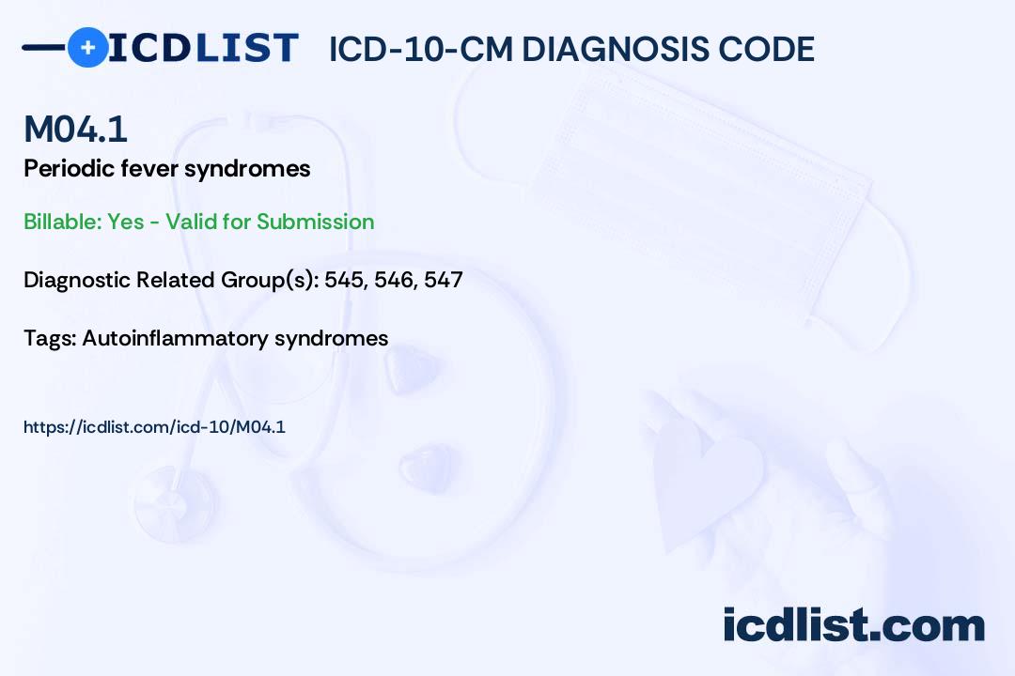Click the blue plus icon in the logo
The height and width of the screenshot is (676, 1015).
tap(88, 47)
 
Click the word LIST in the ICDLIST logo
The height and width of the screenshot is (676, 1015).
tap(246, 48)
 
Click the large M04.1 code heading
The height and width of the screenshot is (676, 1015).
tap(75, 129)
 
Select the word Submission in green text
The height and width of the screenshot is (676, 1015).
tap(315, 222)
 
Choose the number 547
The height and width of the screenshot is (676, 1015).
tap(444, 280)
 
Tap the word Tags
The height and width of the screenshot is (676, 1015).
tap(50, 338)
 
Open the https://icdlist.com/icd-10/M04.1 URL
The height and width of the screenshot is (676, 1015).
tap(154, 427)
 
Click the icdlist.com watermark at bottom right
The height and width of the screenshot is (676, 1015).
tap(853, 624)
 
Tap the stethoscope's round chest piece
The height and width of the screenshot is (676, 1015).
tap(176, 504)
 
